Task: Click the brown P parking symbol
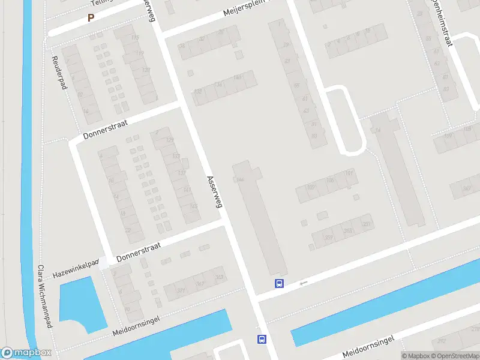click(91, 18)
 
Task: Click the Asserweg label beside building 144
click(214, 191)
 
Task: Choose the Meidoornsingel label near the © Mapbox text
click(368, 347)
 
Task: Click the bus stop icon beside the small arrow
click(279, 283)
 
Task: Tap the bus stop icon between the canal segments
click(262, 339)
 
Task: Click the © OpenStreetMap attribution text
click(457, 356)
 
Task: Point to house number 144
click(241, 179)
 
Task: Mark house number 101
click(349, 174)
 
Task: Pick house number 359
click(329, 237)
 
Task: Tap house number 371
click(181, 290)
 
